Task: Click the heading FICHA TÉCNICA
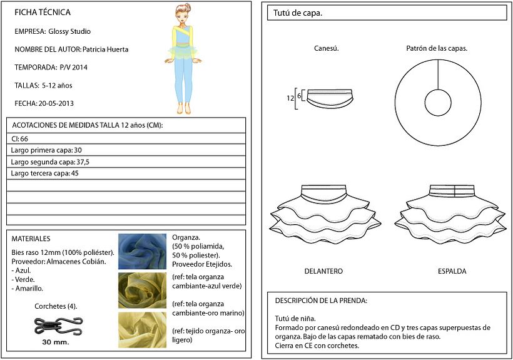[43, 13]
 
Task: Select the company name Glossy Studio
[69, 31]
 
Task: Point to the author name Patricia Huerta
[105, 49]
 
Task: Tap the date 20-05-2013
[56, 103]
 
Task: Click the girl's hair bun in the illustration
[188, 6]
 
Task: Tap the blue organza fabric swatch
[142, 251]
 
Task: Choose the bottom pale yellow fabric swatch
[142, 330]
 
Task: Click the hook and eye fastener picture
[59, 326]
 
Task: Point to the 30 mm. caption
[56, 342]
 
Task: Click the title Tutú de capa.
[298, 13]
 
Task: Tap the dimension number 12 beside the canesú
[290, 98]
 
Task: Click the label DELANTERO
[323, 271]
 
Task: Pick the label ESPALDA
[452, 271]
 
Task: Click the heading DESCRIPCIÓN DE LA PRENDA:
[321, 301]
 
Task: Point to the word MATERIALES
[31, 239]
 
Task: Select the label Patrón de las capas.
[437, 48]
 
